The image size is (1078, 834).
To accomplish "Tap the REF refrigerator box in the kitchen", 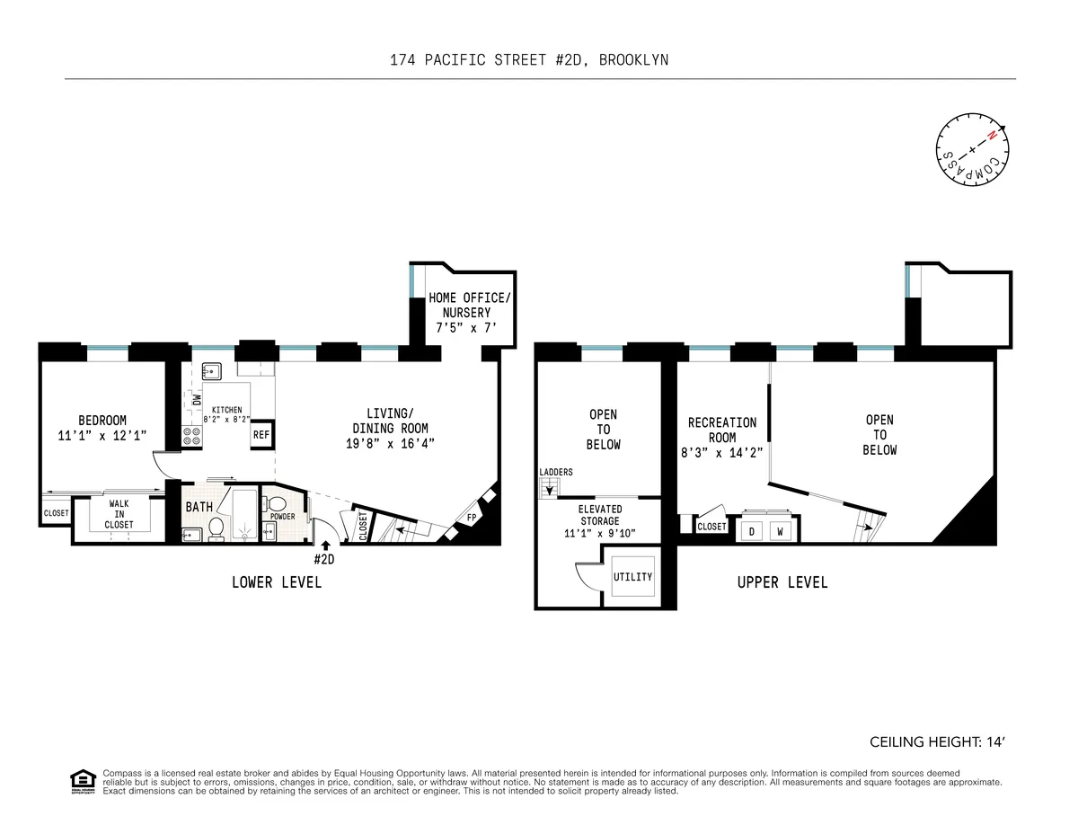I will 261,435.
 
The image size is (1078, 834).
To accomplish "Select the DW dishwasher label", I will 197,399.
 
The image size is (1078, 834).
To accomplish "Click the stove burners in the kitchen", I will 192,437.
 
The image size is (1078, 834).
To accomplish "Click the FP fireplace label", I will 473,517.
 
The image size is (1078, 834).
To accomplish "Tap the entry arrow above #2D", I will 324,546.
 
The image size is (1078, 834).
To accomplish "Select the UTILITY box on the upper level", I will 632,577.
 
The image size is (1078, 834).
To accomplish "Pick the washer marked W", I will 781,531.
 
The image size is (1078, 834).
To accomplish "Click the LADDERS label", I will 556,472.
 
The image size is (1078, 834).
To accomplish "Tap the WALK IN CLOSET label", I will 119,514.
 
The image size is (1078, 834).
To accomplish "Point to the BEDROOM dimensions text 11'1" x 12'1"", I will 102,435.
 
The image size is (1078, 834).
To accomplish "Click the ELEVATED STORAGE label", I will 599,521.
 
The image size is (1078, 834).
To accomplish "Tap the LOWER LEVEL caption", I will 277,582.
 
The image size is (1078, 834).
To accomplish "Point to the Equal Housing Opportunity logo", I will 83,782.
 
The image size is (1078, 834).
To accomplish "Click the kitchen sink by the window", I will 212,369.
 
